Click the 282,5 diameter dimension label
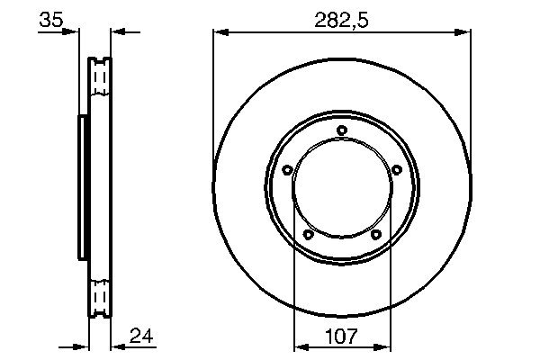pos(341,21)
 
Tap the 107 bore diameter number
pos(341,337)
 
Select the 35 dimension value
pos(51,19)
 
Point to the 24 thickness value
pos(141,336)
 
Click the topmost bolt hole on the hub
pos(342,130)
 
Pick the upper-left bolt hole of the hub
pos(287,169)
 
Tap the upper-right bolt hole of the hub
pos(397,169)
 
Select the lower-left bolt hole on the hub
pos(308,235)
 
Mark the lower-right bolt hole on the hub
pos(375,235)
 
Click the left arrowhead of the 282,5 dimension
pos(220,32)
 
